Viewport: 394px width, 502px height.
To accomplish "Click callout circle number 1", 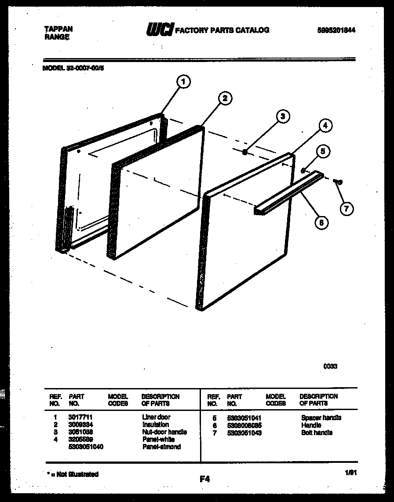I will [x=183, y=81].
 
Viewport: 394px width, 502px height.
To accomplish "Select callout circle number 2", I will [x=225, y=98].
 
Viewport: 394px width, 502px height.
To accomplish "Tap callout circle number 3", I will [x=283, y=117].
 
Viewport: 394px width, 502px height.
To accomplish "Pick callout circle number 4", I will [x=325, y=125].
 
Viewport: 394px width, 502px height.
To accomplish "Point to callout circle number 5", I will [x=322, y=152].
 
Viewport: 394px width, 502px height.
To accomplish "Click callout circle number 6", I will [x=321, y=223].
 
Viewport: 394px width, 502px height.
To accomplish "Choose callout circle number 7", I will [x=347, y=209].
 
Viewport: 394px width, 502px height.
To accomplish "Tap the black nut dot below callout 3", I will [x=244, y=152].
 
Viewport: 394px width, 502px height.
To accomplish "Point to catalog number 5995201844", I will [x=336, y=30].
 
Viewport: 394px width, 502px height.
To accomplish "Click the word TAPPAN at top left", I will [x=58, y=29].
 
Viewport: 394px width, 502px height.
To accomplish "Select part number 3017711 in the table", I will [x=80, y=417].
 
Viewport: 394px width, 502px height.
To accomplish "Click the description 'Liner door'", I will [x=156, y=417].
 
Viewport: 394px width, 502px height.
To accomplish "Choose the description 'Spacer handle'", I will [x=321, y=418].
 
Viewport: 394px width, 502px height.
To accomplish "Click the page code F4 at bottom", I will [x=204, y=479].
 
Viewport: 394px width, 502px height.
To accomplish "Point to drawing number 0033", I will [x=331, y=366].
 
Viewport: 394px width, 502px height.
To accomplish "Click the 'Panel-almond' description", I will [x=161, y=447].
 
